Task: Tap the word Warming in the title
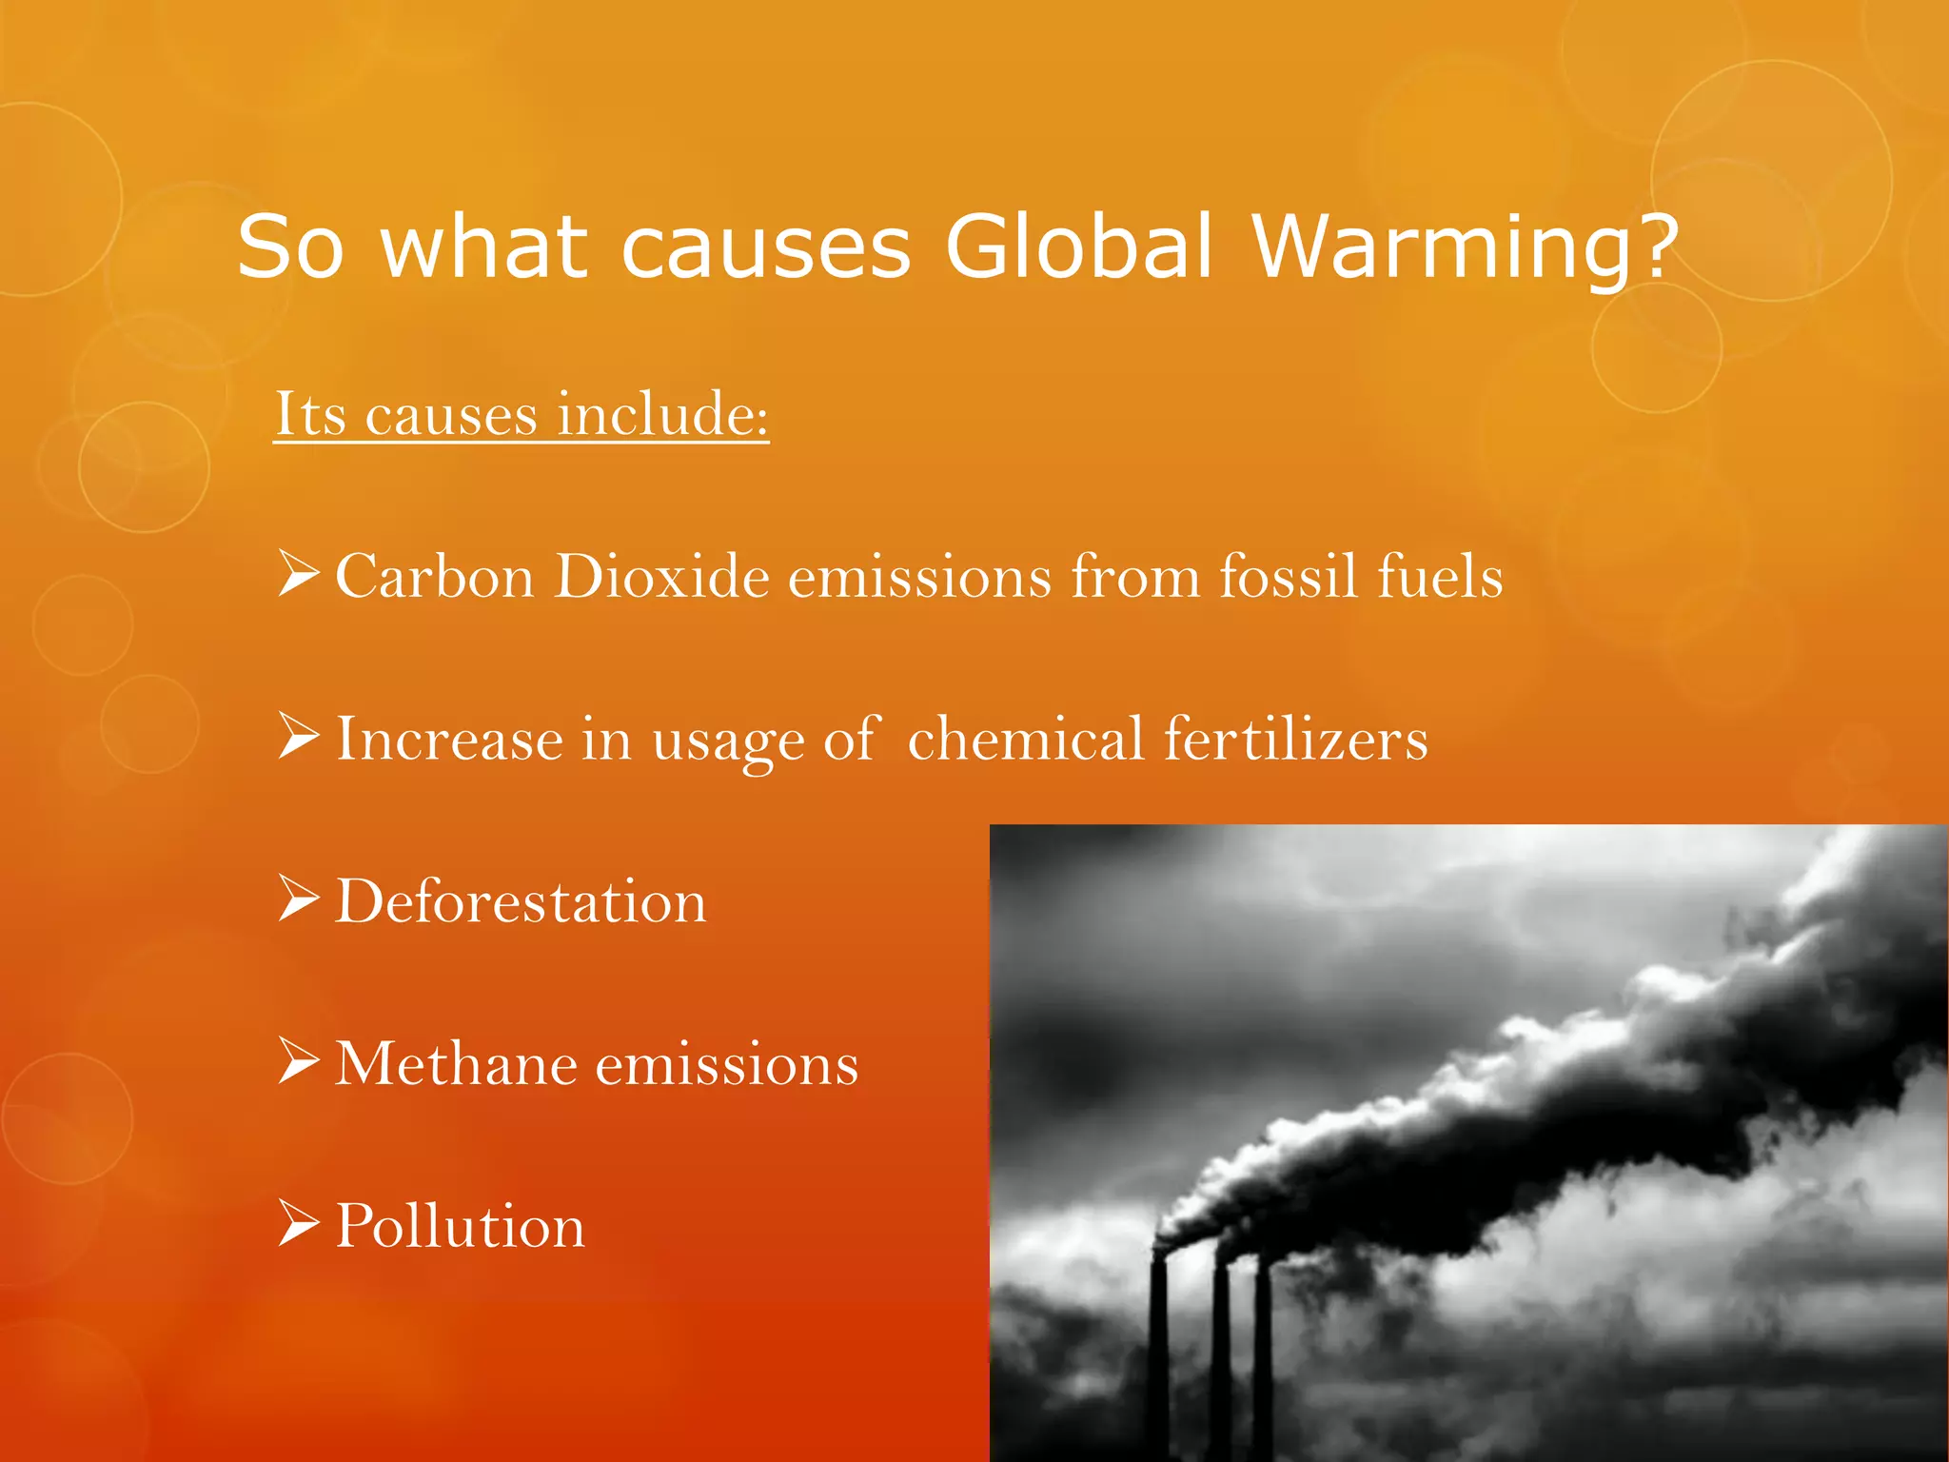pyautogui.click(x=1447, y=247)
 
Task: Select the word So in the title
pyautogui.click(x=289, y=247)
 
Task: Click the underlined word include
pyautogui.click(x=662, y=415)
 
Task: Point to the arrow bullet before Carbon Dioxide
pyautogui.click(x=298, y=574)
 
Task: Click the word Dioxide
pyautogui.click(x=662, y=577)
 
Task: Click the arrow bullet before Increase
pyautogui.click(x=298, y=737)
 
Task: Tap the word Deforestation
pyautogui.click(x=522, y=901)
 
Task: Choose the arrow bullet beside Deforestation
pyautogui.click(x=298, y=899)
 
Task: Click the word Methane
pyautogui.click(x=456, y=1064)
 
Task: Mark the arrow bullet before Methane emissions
pyautogui.click(x=298, y=1061)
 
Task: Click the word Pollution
pyautogui.click(x=460, y=1226)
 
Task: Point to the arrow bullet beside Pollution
pyautogui.click(x=298, y=1223)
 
